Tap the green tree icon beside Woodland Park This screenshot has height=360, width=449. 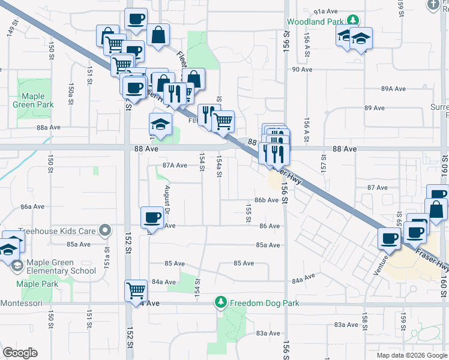(x=354, y=21)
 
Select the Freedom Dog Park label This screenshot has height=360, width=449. (x=265, y=303)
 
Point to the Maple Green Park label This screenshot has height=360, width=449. (x=33, y=100)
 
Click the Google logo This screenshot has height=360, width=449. (x=20, y=353)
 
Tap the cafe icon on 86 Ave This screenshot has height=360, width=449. (x=152, y=217)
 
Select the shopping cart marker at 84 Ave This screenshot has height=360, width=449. (x=136, y=290)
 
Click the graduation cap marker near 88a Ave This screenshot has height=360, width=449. (x=160, y=124)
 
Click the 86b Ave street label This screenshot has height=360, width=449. (x=266, y=200)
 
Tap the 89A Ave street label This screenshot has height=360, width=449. (x=394, y=89)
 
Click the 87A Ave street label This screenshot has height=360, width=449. (x=176, y=166)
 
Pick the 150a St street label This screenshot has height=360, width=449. (x=70, y=94)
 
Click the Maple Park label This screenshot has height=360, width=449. (x=37, y=284)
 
